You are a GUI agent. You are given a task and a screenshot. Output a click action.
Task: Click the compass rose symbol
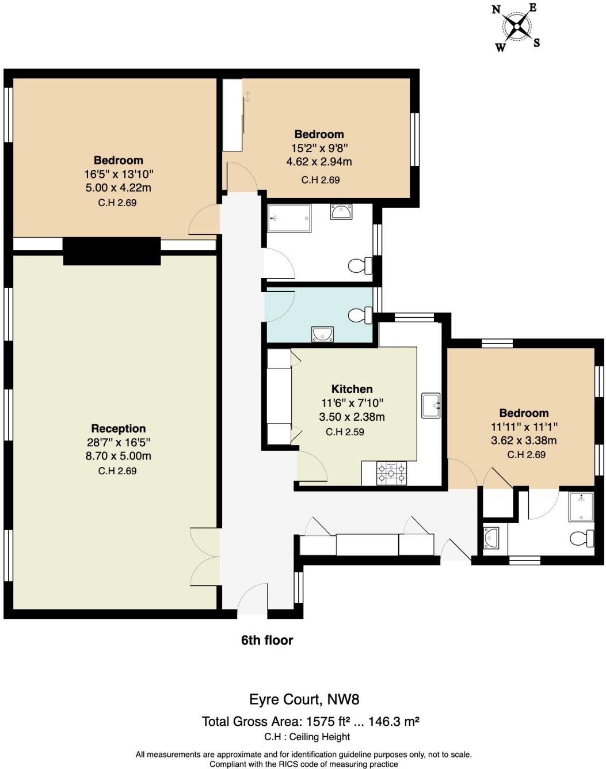coord(516,26)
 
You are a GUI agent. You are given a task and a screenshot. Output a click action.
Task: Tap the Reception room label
coord(119,428)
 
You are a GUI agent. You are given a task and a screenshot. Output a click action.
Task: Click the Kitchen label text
coord(352,389)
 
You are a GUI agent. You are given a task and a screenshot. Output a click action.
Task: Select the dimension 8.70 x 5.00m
coord(119,456)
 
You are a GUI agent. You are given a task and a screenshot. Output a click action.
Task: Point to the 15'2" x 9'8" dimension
coord(319,148)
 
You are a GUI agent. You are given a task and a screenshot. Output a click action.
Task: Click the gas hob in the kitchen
coord(391,473)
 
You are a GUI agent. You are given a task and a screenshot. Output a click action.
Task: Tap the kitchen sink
coord(430,405)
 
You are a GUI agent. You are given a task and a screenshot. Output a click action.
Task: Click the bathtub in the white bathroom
coord(289,218)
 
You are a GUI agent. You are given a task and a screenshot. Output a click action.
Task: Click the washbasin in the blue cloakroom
coord(322,334)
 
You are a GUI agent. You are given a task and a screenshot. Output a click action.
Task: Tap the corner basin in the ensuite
coord(491,538)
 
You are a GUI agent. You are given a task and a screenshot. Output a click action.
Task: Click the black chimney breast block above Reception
coord(112,252)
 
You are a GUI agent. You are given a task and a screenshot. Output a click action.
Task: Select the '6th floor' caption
coord(267,640)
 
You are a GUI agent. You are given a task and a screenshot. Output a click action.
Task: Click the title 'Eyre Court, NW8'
coord(304,699)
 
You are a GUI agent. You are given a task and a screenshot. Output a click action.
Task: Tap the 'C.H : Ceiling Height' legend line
coord(307,737)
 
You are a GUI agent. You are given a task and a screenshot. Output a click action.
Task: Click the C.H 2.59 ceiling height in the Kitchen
coord(345,432)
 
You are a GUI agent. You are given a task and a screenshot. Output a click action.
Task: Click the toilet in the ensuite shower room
coord(582,539)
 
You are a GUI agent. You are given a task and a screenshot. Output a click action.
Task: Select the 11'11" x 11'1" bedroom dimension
coord(524,427)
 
